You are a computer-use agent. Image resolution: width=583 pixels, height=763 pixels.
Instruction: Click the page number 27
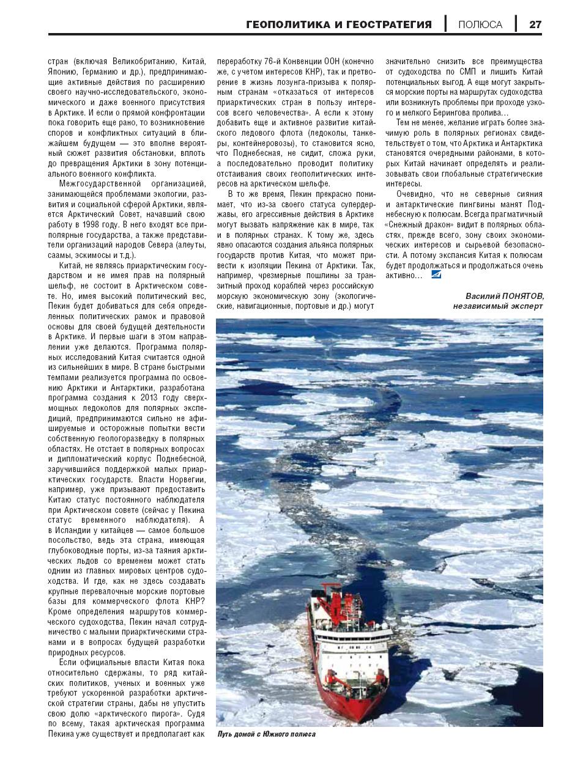click(x=535, y=24)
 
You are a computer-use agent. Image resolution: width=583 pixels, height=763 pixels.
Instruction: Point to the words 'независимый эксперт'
click(x=497, y=306)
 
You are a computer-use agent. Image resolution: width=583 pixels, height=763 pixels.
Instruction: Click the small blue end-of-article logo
click(x=435, y=276)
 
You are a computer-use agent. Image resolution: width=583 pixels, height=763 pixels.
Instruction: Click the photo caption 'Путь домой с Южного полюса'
click(x=266, y=734)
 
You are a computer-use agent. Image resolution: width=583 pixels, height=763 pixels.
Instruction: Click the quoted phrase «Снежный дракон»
click(x=420, y=225)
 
